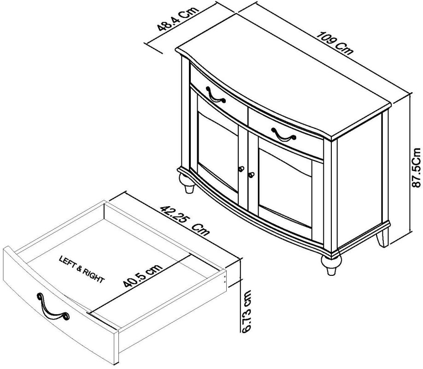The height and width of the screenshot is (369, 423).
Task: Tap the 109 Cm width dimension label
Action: tap(336, 43)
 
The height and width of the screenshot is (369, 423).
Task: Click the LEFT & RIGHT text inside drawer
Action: tap(82, 270)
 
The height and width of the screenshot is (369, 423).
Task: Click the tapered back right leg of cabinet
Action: tap(383, 238)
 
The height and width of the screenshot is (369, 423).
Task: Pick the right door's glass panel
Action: tap(287, 189)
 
